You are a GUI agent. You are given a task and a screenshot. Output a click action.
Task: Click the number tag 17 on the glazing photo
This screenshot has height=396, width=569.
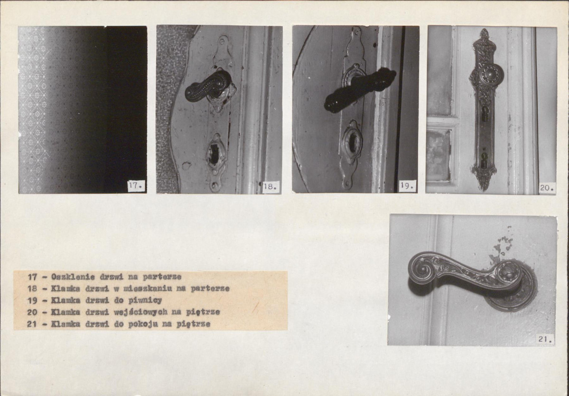click(137, 186)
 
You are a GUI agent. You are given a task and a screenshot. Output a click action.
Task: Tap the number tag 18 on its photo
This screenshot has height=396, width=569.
click(271, 187)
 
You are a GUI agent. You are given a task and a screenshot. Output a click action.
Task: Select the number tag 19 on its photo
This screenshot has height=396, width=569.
click(407, 186)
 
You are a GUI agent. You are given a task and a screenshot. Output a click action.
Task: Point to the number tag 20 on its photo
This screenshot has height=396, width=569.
click(547, 188)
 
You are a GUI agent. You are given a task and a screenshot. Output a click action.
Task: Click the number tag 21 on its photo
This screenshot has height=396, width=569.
click(545, 339)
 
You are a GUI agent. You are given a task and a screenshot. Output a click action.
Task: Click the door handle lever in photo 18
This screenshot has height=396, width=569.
click(208, 87)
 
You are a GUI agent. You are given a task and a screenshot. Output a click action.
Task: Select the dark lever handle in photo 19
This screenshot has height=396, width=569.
click(359, 89)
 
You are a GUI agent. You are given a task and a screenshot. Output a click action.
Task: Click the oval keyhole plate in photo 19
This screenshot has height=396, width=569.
click(352, 142)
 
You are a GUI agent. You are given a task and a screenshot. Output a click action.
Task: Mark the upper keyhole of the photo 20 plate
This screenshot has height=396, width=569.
click(485, 114)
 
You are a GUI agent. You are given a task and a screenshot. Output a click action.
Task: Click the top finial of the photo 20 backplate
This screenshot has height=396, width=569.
click(485, 34)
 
